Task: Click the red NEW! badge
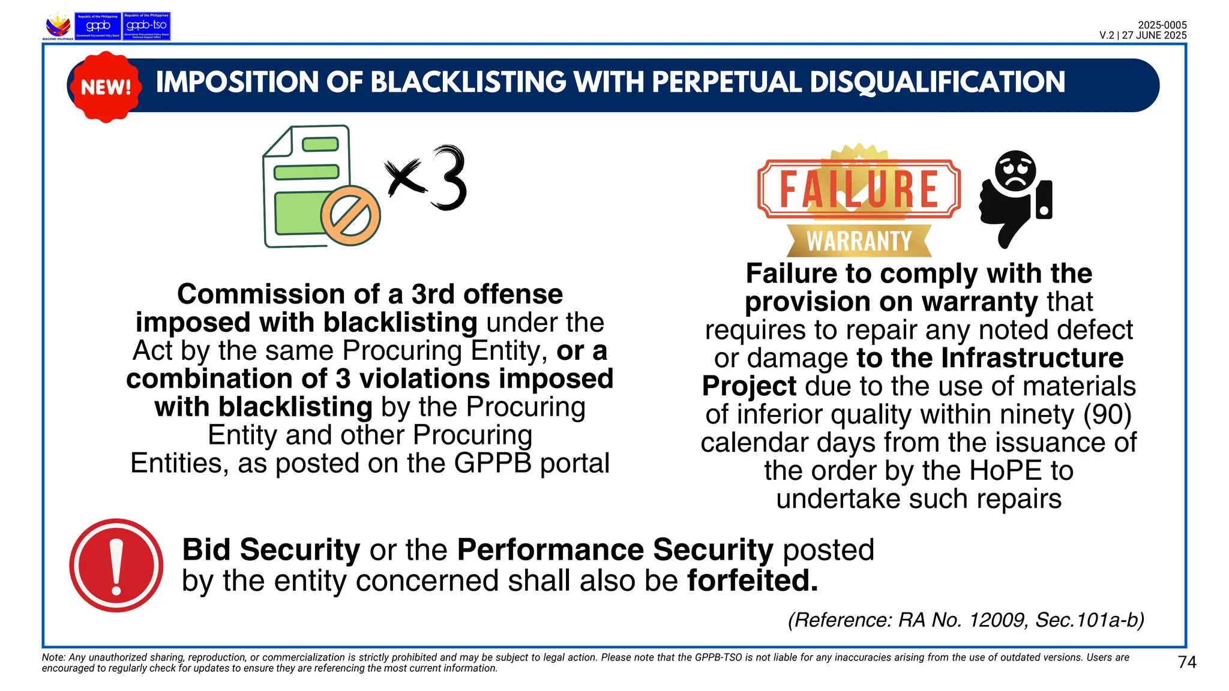[x=106, y=87]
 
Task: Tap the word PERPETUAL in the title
[x=726, y=83]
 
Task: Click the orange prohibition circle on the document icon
[x=350, y=215]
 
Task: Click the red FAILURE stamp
[x=859, y=189]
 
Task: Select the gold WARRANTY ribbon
[x=859, y=241]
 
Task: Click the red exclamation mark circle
[x=116, y=565]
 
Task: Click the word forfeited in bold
[x=753, y=581]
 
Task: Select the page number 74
[x=1187, y=662]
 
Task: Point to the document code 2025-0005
[x=1162, y=25]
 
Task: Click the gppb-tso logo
[x=146, y=26]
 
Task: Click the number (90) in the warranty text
[x=1107, y=414]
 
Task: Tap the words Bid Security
[x=271, y=549]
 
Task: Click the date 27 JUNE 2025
[x=1154, y=35]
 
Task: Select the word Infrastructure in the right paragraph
[x=1032, y=358]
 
